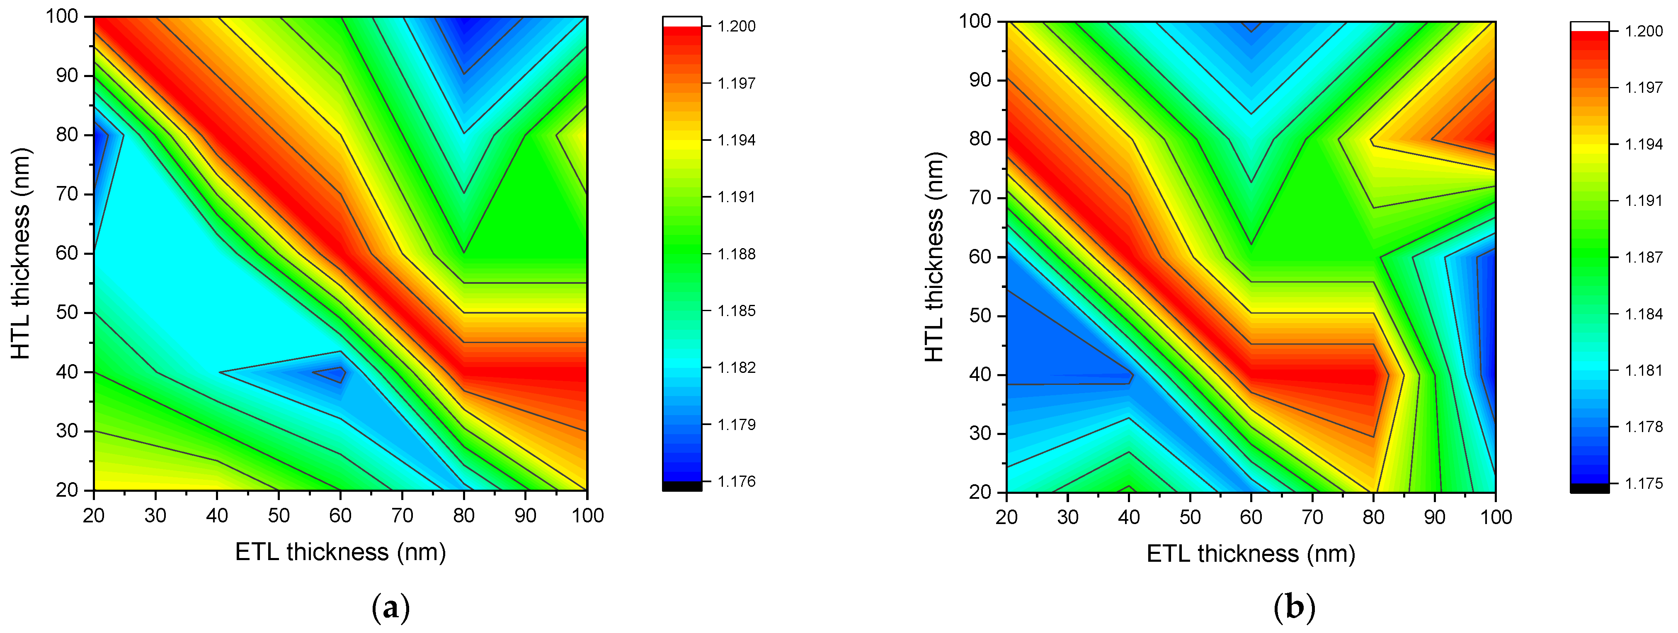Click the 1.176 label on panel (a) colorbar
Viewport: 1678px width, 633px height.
(736, 481)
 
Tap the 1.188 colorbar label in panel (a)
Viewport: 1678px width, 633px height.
(736, 254)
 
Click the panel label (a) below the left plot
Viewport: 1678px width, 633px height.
(390, 608)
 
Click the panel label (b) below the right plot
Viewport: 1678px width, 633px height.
(1294, 608)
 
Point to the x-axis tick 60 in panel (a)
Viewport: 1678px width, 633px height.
(340, 516)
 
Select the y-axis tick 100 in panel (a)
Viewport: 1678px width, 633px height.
(62, 16)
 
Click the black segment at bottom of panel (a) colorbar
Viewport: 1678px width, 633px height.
(682, 486)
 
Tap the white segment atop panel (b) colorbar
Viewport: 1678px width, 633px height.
(1589, 26)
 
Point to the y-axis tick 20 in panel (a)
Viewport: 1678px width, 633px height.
(68, 490)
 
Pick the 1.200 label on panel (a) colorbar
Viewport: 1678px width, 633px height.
(736, 26)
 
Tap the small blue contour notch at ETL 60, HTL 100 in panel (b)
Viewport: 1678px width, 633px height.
(1251, 25)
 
